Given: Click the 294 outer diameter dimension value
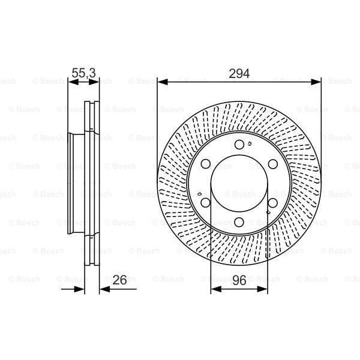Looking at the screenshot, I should (239, 73).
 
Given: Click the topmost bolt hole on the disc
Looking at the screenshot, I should (239, 145).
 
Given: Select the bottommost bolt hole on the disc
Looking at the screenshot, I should (239, 223).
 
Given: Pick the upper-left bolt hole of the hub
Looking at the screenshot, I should (206, 164).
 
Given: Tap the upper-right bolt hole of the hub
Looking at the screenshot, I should (272, 164).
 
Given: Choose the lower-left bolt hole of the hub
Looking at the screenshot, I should (206, 203).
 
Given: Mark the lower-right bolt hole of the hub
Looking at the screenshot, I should (272, 203).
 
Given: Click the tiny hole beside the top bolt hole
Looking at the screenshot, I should (248, 143).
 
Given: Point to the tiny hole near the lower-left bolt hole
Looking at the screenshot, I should (199, 194).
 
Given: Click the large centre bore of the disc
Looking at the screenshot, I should (239, 184).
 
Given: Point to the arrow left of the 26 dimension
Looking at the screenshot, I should (78, 289).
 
